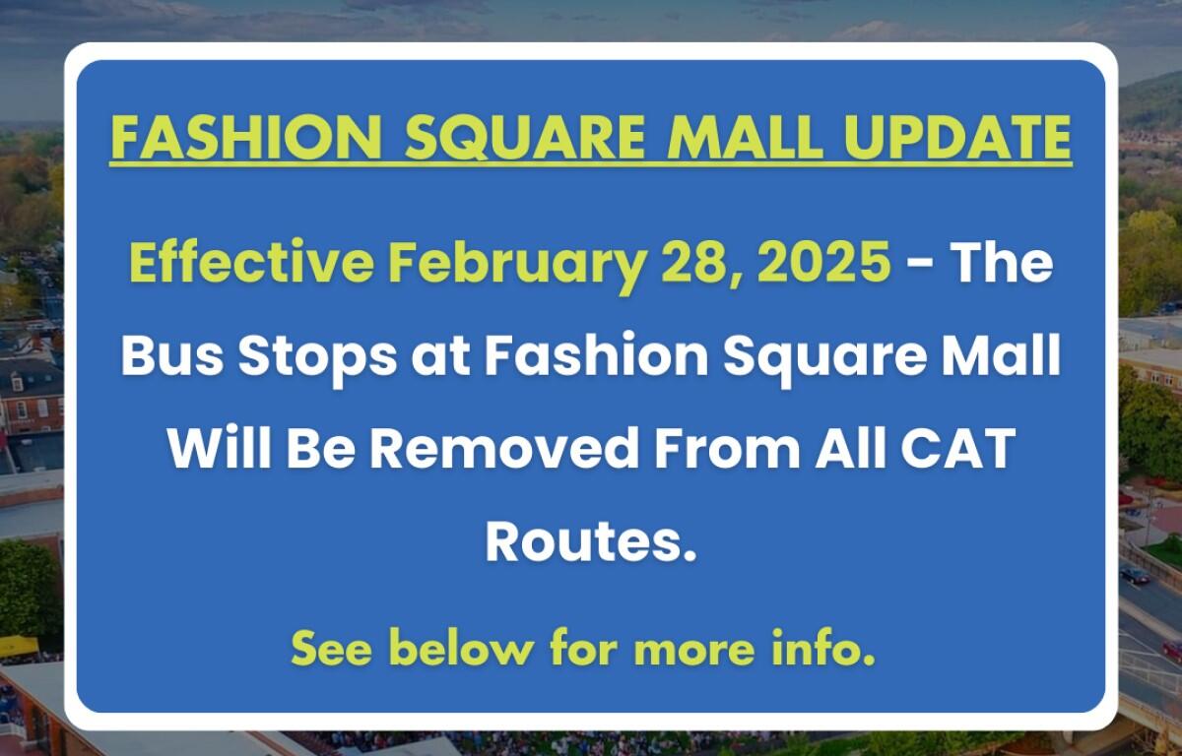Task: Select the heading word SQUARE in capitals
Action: point(525,138)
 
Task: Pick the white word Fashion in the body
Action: point(596,355)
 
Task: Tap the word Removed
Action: point(503,449)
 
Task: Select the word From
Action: point(727,449)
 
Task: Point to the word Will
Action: point(220,448)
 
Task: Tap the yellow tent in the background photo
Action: point(19,645)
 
